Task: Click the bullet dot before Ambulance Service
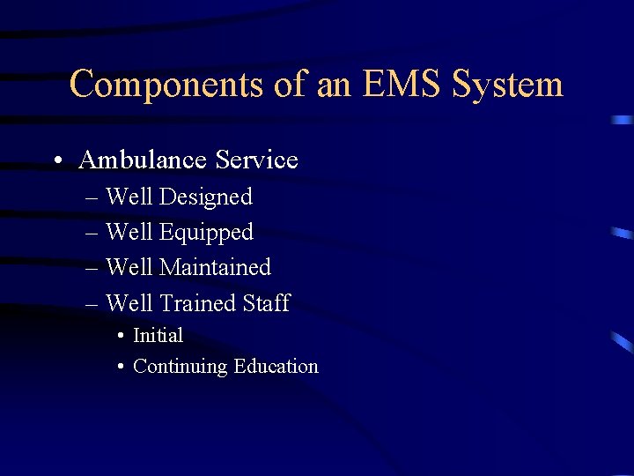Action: pos(56,161)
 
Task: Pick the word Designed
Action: pos(206,197)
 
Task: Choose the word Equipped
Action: pos(206,233)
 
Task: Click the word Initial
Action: pos(158,336)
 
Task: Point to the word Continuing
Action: pos(180,367)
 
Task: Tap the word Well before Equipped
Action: pos(129,233)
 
